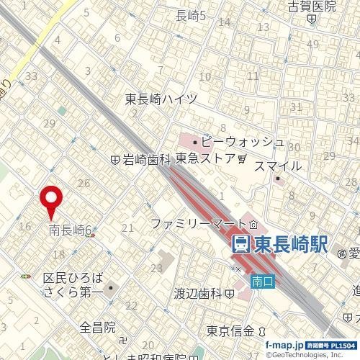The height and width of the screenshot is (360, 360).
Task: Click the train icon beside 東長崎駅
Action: pyautogui.click(x=242, y=244)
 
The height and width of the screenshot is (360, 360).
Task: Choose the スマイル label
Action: pyautogui.click(x=278, y=166)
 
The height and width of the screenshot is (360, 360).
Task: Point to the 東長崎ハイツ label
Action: pyautogui.click(x=161, y=99)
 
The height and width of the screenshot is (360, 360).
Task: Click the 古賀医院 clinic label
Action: pyautogui.click(x=312, y=7)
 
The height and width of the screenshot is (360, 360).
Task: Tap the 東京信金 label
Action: pyautogui.click(x=230, y=331)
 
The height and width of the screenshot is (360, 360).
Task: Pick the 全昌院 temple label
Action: pyautogui.click(x=98, y=328)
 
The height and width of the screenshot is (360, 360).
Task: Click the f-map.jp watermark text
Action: pyautogui.click(x=284, y=346)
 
